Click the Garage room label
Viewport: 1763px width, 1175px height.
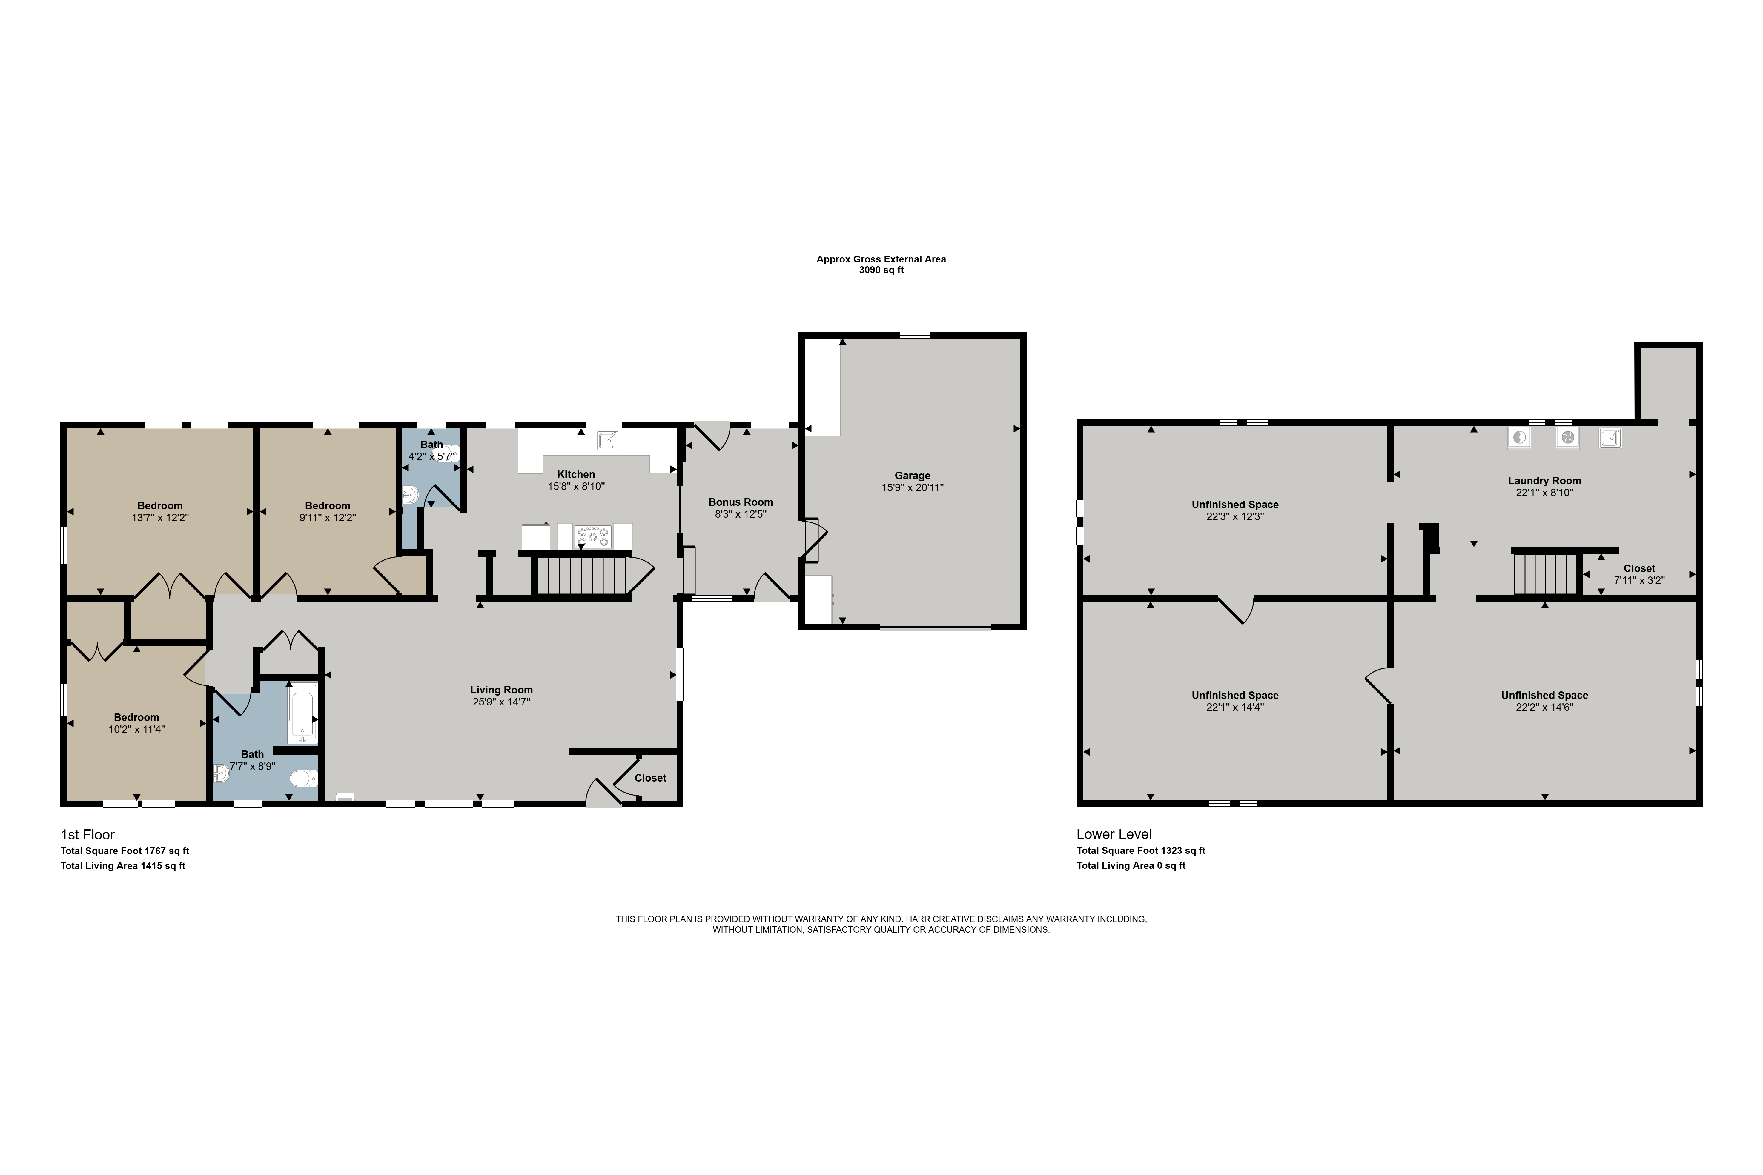(912, 475)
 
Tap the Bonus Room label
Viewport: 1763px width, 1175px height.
(741, 502)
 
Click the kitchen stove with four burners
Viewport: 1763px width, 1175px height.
(593, 536)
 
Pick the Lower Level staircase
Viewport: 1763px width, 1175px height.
(1546, 573)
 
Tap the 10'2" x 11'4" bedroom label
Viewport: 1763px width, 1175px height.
(136, 717)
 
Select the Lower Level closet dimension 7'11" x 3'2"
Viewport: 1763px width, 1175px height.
(1639, 580)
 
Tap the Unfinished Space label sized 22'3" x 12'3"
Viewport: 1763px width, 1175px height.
(1235, 504)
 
